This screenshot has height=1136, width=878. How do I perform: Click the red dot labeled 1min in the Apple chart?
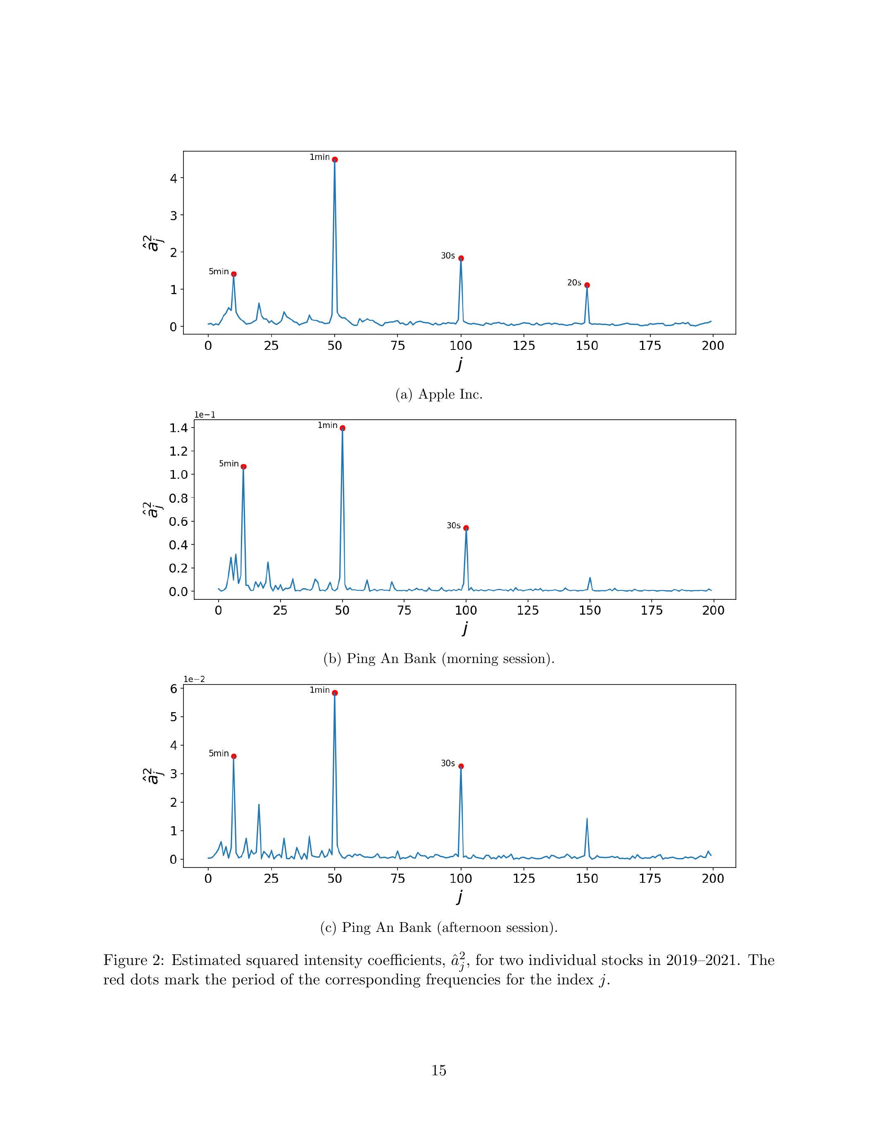pos(334,160)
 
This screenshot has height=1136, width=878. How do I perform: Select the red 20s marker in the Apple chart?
pos(587,285)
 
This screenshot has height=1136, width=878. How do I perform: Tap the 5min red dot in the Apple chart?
pos(233,274)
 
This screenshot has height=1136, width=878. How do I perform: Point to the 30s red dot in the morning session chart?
pos(466,528)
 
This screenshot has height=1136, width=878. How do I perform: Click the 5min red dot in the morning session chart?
pos(243,466)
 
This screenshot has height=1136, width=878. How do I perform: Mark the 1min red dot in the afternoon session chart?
pos(334,693)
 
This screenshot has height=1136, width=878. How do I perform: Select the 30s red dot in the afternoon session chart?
pos(461,766)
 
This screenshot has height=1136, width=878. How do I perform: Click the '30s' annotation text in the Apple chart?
pos(448,256)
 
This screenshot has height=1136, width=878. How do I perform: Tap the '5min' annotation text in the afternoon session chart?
pos(219,753)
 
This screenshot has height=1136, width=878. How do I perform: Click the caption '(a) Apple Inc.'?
pos(438,394)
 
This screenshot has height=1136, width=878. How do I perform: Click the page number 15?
pos(438,1070)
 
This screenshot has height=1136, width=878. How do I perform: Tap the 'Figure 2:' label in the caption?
pos(134,960)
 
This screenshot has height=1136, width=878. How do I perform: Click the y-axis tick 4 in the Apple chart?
pos(173,178)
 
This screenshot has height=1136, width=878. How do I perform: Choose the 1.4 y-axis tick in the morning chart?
pos(178,428)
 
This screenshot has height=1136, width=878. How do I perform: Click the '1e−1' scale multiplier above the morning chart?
pos(205,415)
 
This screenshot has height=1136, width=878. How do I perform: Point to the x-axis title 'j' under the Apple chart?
pos(460,364)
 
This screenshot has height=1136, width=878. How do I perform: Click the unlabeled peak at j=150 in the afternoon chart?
pos(587,819)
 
